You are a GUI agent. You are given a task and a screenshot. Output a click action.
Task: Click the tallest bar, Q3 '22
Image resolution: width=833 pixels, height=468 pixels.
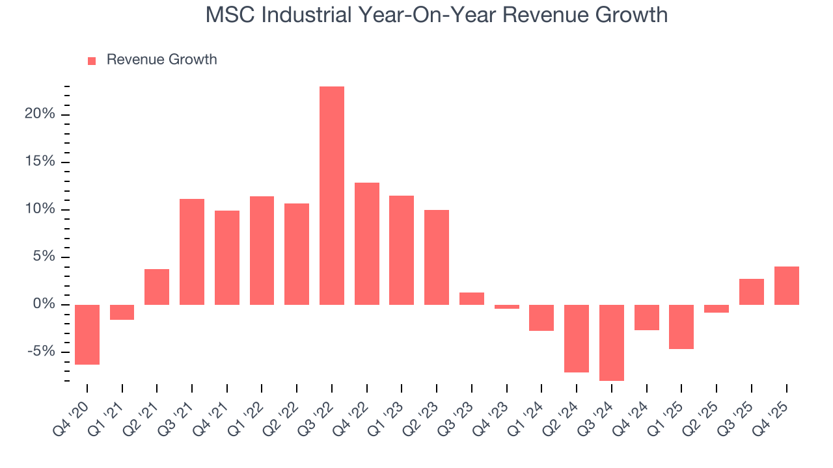tap(332, 195)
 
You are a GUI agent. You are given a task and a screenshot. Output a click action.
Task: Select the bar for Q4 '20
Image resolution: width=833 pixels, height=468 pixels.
tap(87, 334)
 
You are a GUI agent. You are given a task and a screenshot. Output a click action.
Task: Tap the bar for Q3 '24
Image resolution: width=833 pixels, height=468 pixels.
tap(612, 343)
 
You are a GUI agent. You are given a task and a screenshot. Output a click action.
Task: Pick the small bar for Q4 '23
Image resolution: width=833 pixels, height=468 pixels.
tap(507, 307)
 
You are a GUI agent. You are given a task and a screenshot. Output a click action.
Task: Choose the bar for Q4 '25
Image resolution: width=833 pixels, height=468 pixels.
tap(786, 285)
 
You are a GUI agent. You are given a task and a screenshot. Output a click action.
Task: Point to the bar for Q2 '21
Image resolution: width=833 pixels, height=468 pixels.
tap(157, 287)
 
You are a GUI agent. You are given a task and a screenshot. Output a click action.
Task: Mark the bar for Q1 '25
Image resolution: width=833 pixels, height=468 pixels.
tap(681, 326)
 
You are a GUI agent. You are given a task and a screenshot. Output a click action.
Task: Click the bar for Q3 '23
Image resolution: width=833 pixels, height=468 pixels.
tap(472, 298)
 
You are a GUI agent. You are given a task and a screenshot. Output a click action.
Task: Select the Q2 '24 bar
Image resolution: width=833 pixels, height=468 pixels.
tap(577, 338)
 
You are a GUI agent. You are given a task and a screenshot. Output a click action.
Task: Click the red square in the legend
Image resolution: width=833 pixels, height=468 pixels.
tap(92, 60)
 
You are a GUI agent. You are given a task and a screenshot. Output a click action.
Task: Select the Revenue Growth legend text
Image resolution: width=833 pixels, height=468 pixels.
tap(161, 60)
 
